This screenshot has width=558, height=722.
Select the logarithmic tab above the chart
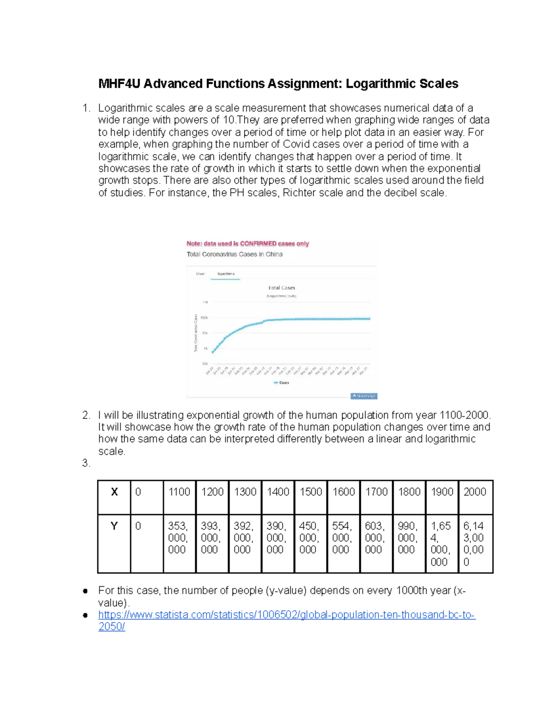click(x=226, y=274)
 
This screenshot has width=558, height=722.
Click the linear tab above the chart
click(x=200, y=274)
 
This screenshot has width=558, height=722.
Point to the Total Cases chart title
click(x=281, y=288)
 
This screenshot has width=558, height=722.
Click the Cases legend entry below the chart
click(x=282, y=383)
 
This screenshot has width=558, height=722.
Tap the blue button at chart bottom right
click(x=364, y=396)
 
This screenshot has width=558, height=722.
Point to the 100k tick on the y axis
click(x=204, y=318)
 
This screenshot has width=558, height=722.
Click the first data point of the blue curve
click(x=213, y=352)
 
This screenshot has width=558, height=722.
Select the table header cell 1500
click(x=311, y=492)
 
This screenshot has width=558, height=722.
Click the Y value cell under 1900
click(x=441, y=543)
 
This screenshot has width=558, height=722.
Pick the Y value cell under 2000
click(x=474, y=543)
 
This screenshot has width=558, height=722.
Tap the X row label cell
click(x=114, y=492)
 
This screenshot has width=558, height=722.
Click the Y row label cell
click(x=114, y=526)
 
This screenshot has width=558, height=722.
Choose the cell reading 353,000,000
click(x=179, y=538)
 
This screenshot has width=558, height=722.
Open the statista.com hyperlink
click(x=286, y=615)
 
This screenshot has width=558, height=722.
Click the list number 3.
click(x=86, y=464)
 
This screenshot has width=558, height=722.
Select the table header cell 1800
click(x=409, y=492)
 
